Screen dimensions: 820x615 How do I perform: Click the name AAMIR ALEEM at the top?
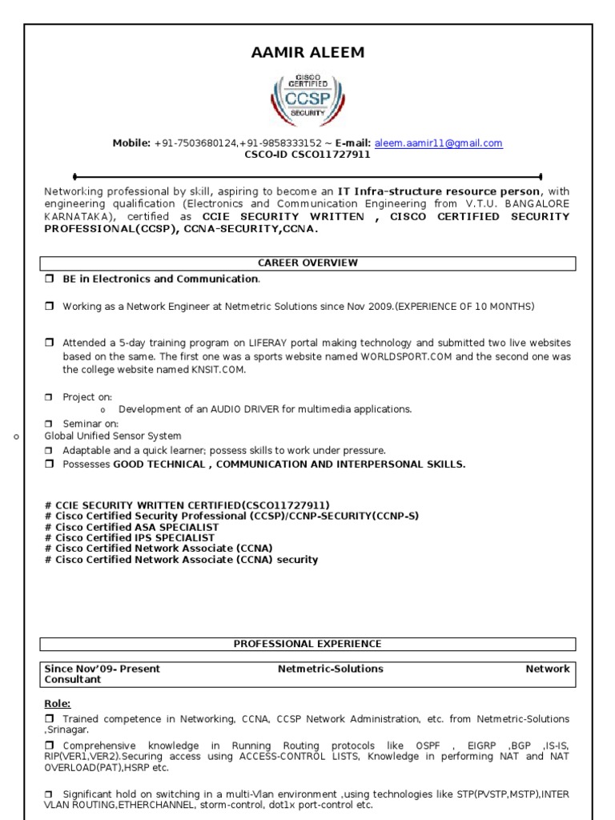click(x=307, y=53)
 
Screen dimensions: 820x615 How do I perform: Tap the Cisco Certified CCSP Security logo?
click(x=307, y=99)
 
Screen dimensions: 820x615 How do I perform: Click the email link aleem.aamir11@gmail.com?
click(x=438, y=143)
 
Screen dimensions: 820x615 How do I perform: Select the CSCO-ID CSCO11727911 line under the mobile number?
click(x=307, y=155)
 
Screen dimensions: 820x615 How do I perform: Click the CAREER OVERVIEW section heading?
click(x=307, y=263)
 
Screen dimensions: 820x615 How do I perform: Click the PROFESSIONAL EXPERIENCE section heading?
click(x=307, y=644)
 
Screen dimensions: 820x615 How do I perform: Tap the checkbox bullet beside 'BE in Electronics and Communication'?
click(x=49, y=279)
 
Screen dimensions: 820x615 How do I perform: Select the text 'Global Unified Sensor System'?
click(x=113, y=436)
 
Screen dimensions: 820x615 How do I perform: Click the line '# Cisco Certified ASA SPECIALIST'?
click(x=131, y=528)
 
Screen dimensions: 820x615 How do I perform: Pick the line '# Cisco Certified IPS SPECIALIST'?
click(x=130, y=538)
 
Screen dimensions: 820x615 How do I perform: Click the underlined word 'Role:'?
click(x=58, y=704)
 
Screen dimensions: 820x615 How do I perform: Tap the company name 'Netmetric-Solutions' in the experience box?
click(x=330, y=669)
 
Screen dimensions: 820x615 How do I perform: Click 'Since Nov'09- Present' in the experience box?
click(x=102, y=669)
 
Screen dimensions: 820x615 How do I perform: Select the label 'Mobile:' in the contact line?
click(x=131, y=143)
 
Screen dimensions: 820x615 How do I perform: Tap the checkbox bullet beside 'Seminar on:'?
click(x=49, y=424)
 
